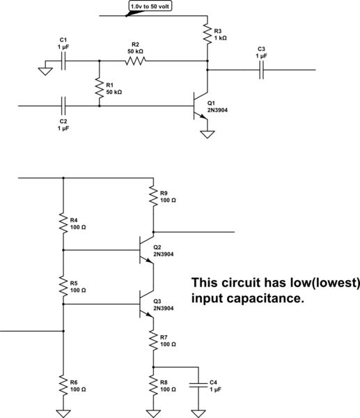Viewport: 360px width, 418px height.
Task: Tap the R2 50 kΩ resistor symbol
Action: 135,61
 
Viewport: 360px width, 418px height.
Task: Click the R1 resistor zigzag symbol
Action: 99,88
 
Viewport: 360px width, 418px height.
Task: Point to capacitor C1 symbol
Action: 63,61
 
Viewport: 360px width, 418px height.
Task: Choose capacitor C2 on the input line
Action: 63,106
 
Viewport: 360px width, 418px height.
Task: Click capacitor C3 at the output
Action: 262,70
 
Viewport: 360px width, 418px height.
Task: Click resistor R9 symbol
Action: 152,197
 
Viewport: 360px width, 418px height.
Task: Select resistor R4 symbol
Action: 63,224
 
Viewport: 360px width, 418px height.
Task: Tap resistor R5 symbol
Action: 63,286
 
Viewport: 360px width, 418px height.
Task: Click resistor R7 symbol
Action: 152,341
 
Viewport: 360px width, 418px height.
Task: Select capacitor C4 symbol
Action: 198,384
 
